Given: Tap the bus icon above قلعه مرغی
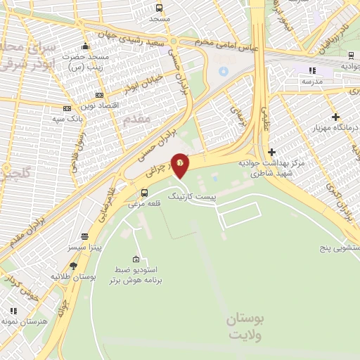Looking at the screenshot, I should coord(145,193).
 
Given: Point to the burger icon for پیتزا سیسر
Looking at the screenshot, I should coord(84,237).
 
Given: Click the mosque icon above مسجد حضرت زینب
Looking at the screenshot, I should coord(85,46).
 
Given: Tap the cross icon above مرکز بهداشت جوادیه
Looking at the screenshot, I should coord(271,152).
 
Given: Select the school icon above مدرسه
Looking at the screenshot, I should coord(312,70).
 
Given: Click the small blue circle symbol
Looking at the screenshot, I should coord(224,71).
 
